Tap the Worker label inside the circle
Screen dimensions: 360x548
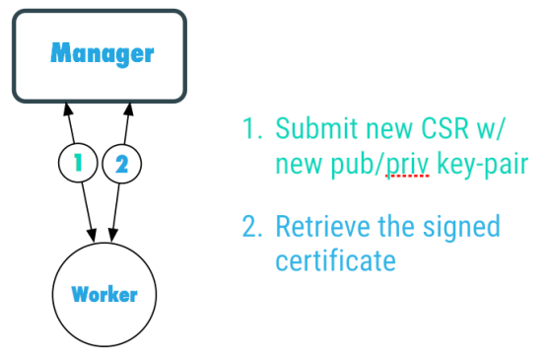(103, 294)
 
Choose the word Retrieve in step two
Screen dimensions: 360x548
(316, 227)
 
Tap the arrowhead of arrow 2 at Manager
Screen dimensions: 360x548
(127, 107)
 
